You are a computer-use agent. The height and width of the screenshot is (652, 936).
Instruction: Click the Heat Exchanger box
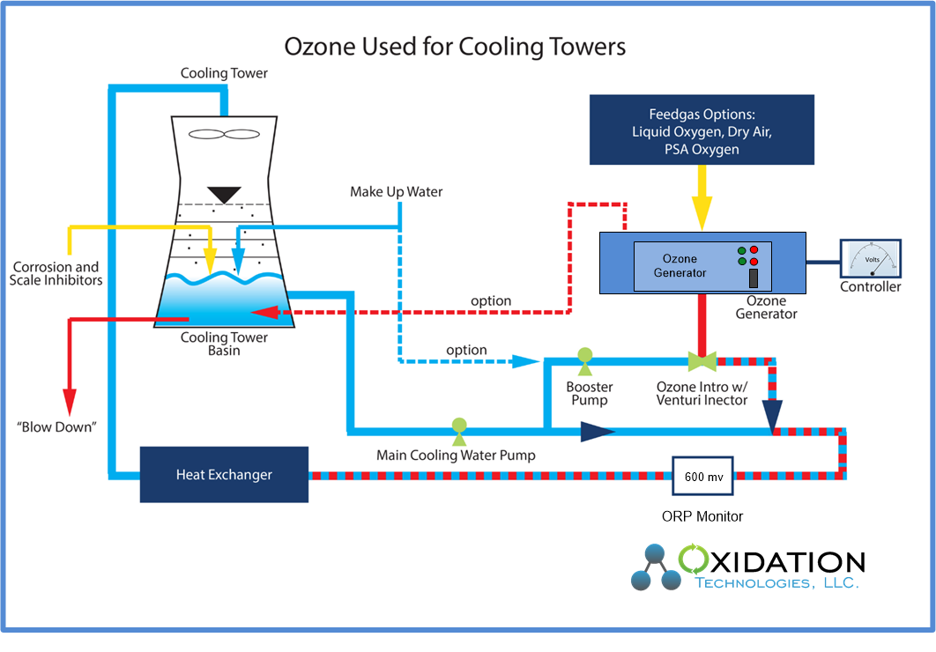click(x=224, y=475)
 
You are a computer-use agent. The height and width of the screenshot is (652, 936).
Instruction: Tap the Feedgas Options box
click(x=702, y=130)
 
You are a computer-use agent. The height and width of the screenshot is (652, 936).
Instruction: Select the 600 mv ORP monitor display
click(x=705, y=476)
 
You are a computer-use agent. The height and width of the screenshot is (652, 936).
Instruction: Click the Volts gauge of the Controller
click(x=871, y=261)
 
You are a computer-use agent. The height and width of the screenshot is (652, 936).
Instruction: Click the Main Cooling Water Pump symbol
click(x=458, y=426)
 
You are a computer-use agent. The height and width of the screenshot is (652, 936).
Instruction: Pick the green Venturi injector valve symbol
click(x=702, y=360)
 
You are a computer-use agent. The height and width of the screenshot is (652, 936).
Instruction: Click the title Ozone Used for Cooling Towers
click(x=455, y=47)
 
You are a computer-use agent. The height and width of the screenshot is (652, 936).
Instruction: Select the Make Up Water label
click(x=397, y=191)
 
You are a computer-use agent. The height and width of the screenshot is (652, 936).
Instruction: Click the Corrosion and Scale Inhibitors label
click(x=56, y=273)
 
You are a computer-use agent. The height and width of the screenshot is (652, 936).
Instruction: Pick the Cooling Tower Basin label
click(x=224, y=344)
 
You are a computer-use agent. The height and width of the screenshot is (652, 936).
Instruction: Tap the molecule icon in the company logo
click(x=657, y=567)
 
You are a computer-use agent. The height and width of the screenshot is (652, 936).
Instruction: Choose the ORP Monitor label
click(x=702, y=516)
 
